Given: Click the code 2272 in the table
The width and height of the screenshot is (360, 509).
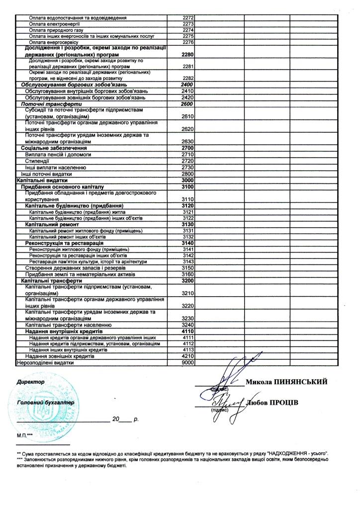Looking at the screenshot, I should (x=187, y=18).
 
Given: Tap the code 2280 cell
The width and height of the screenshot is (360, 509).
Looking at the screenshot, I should (x=187, y=54).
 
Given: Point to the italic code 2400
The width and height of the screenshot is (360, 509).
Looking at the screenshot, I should (x=187, y=85).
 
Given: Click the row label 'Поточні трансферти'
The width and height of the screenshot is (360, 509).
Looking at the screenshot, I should (x=44, y=104).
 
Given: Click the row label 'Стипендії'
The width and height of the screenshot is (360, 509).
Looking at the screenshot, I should (x=37, y=161).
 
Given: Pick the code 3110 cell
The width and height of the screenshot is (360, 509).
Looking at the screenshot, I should (x=187, y=199).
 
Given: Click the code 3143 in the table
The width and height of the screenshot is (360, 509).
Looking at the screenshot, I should (x=187, y=262).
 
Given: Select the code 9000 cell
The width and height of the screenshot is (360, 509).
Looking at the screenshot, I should (x=187, y=363).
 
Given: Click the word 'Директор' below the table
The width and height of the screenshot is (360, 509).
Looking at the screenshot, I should (x=31, y=382).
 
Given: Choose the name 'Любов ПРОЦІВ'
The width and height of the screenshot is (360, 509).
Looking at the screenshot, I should (x=272, y=402).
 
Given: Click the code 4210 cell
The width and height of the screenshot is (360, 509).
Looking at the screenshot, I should (x=187, y=356).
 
